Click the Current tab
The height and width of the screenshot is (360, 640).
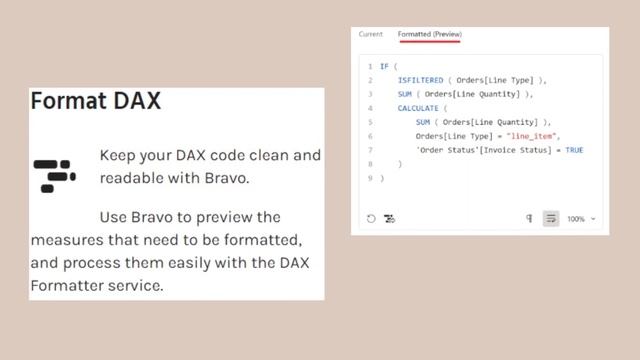370,34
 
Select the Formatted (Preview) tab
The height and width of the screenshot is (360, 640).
429,34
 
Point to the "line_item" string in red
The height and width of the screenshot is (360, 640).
534,136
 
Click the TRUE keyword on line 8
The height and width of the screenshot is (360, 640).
574,150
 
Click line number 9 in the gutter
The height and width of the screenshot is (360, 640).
370,178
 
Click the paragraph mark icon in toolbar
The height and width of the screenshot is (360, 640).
529,219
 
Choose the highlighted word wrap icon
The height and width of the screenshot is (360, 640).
550,219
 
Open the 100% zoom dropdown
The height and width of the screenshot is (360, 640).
581,219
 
